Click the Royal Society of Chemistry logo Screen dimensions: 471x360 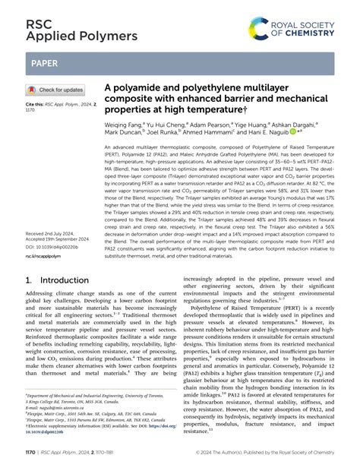point(299,30)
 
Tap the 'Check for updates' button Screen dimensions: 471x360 point(57,90)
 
